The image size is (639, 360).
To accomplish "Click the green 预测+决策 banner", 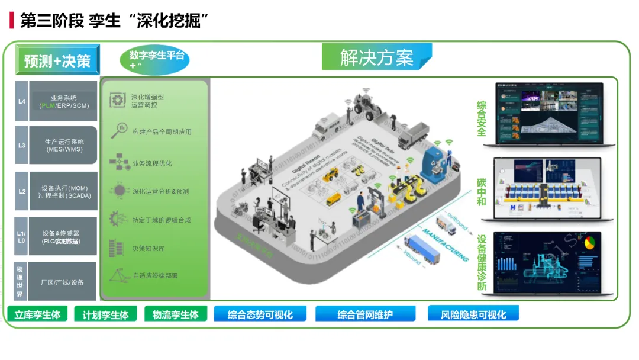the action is pyautogui.click(x=57, y=60).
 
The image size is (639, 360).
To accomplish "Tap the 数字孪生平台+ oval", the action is pyautogui.click(x=156, y=60).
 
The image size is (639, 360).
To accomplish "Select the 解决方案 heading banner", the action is pyautogui.click(x=377, y=57).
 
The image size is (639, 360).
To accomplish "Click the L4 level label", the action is pyautogui.click(x=22, y=101).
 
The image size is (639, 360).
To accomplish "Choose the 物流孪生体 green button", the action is pyautogui.click(x=175, y=314).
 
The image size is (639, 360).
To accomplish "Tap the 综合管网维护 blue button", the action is pyautogui.click(x=365, y=314).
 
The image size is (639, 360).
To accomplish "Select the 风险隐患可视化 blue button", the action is pyautogui.click(x=473, y=314).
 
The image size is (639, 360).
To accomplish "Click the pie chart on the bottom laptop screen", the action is pyautogui.click(x=589, y=243).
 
